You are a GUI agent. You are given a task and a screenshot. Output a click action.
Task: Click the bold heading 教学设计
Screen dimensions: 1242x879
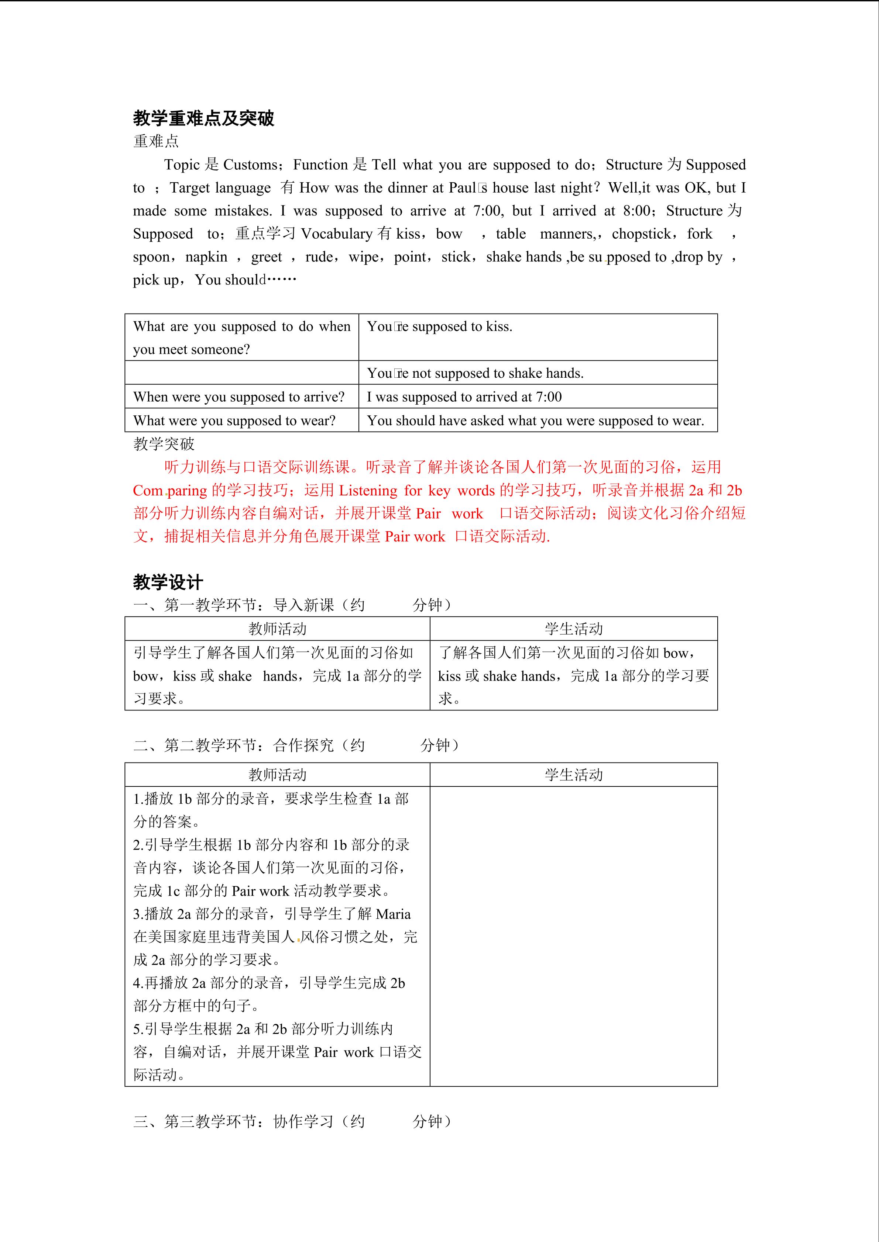[x=168, y=582]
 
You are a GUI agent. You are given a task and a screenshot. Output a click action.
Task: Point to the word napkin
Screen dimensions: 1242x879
[x=206, y=257]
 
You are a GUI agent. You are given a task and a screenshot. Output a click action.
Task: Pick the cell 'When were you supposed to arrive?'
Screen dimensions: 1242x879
[x=239, y=397]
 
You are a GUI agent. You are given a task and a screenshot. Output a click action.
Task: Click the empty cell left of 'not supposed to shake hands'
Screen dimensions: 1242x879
[x=241, y=373]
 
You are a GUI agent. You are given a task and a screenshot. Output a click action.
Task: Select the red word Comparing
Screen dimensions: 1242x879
[x=170, y=490]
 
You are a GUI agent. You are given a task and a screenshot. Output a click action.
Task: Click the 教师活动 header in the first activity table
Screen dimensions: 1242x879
[x=277, y=629]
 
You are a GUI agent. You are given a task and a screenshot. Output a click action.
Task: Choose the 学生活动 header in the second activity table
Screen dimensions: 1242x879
[x=573, y=775]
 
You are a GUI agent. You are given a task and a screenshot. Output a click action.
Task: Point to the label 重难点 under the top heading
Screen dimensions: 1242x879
[x=156, y=141]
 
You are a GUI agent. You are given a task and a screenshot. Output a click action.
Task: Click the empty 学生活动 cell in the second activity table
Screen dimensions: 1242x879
[x=573, y=936]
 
